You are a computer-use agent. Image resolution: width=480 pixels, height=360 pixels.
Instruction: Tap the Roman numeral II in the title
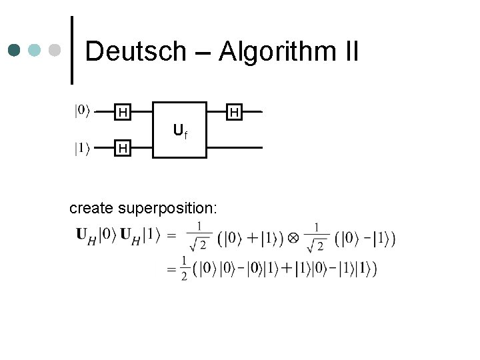[349, 51]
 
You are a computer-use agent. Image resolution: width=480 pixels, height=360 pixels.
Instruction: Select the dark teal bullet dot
[15, 51]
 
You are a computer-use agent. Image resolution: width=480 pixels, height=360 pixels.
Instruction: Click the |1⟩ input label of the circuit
[82, 149]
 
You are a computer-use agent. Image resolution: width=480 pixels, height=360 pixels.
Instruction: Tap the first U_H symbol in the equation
[84, 235]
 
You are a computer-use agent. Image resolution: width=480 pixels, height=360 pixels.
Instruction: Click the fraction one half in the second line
[183, 268]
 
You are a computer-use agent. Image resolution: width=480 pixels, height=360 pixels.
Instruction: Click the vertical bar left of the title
[72, 50]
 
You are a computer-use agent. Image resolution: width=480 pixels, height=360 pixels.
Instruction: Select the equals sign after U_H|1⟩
[171, 235]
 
